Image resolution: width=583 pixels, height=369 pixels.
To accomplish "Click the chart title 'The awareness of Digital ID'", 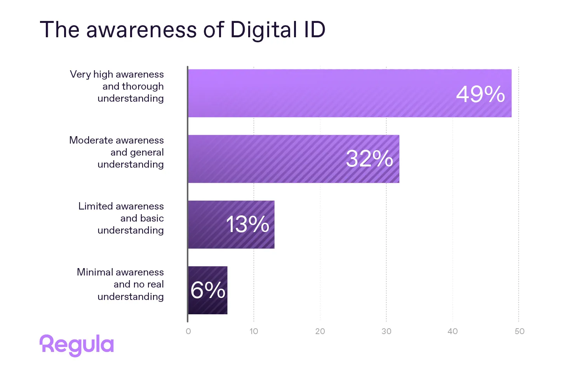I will coord(183,30).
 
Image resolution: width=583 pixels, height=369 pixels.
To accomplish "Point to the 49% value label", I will coord(480,94).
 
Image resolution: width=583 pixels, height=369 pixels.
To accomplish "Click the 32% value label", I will coord(369,159).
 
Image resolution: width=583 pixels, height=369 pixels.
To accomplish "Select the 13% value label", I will coord(247,224).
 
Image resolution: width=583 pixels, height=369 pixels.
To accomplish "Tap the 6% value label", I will coord(208,290).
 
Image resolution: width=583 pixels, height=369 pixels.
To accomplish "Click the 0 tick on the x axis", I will coord(188,331).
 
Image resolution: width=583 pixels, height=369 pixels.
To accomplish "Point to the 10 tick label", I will coord(254,331).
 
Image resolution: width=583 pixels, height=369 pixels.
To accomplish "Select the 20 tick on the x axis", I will coord(320,331).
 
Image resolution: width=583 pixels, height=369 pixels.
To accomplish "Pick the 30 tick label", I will coord(386,331).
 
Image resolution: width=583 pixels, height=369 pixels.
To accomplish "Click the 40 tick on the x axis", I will coord(452,331).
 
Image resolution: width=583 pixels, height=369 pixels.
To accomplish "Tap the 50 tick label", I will coord(519,331).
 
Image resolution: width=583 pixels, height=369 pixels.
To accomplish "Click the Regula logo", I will coord(77,345).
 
